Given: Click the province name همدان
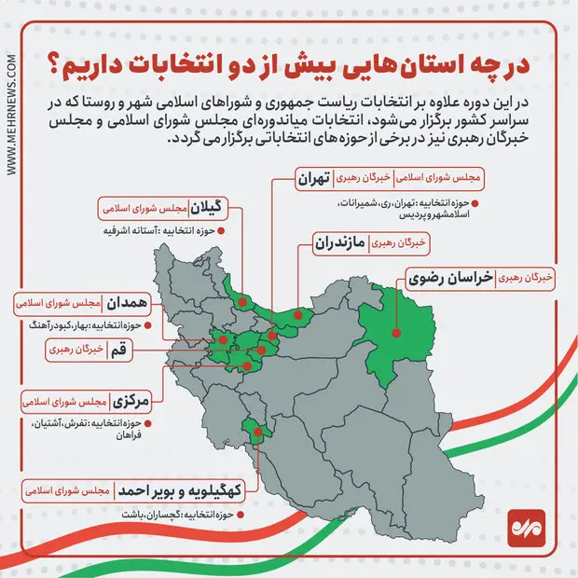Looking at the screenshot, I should (116, 303).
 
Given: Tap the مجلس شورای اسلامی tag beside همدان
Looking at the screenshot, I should (52, 303).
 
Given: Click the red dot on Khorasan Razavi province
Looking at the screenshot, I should (396, 329).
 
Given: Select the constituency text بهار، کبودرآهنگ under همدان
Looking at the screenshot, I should (85, 324).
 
